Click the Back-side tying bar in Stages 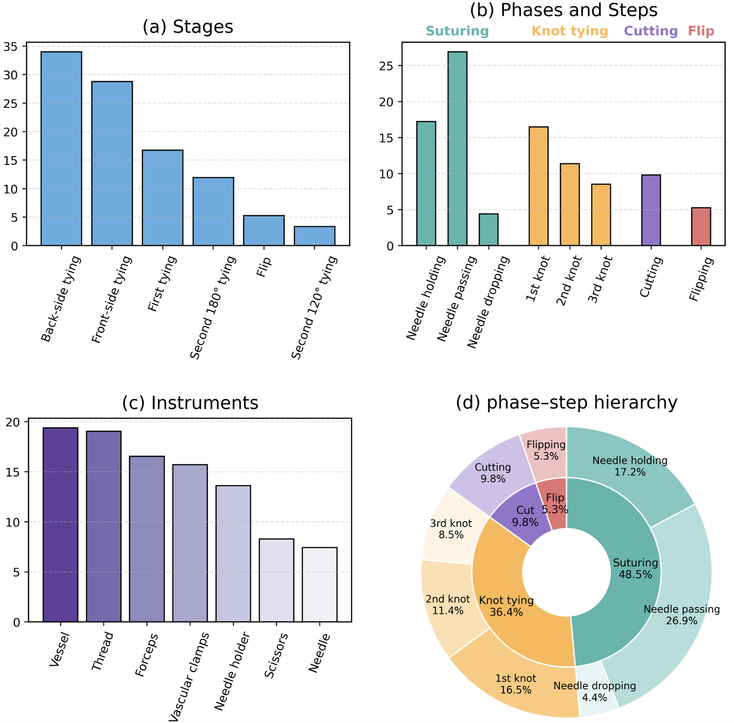(x=61, y=149)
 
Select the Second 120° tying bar (x=315, y=236)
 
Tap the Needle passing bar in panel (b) (x=458, y=149)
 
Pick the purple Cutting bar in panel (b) (x=651, y=210)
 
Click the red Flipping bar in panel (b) (x=701, y=227)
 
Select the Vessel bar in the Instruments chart (x=60, y=525)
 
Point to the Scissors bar (x=276, y=581)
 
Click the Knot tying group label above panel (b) (x=570, y=31)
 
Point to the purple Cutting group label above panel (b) (x=651, y=31)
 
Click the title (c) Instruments (x=190, y=402)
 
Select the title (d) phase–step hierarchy (x=566, y=402)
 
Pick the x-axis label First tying (x=162, y=284)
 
